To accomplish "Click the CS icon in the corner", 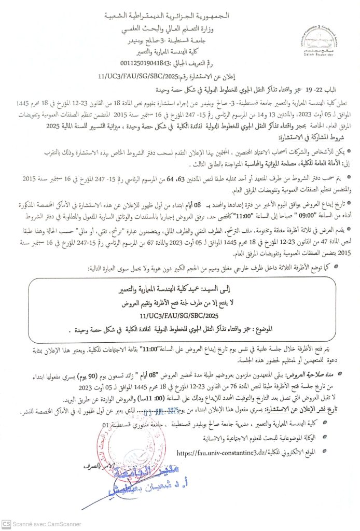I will click(6, 524).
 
